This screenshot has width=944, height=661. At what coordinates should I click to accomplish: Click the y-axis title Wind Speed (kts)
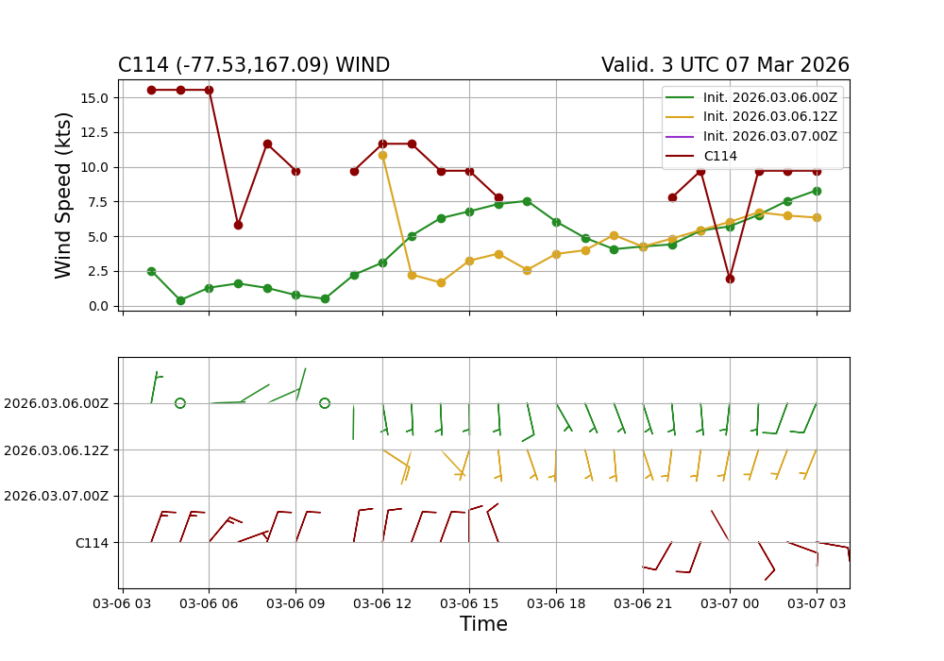[64, 195]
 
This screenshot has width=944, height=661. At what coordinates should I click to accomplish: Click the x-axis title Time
[483, 624]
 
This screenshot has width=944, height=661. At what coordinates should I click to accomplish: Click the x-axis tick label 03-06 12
[382, 601]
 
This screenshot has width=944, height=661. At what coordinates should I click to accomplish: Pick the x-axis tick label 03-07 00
[730, 601]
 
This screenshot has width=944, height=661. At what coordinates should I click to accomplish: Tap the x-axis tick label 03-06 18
[556, 601]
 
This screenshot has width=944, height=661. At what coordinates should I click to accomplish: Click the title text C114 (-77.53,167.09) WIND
[254, 65]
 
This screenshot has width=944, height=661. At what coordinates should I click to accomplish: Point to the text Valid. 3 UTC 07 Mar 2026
[725, 65]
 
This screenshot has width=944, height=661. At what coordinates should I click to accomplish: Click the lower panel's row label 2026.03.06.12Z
[56, 449]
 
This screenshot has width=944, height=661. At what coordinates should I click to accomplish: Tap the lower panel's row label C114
[92, 542]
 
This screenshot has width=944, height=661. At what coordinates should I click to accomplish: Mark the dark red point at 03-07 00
[730, 279]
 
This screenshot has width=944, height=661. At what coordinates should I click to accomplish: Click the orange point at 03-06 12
[382, 155]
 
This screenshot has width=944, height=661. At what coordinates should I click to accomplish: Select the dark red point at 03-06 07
[238, 225]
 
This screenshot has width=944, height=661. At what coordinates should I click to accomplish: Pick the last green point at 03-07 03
[817, 191]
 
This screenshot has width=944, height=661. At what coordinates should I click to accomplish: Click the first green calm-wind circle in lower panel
[180, 403]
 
